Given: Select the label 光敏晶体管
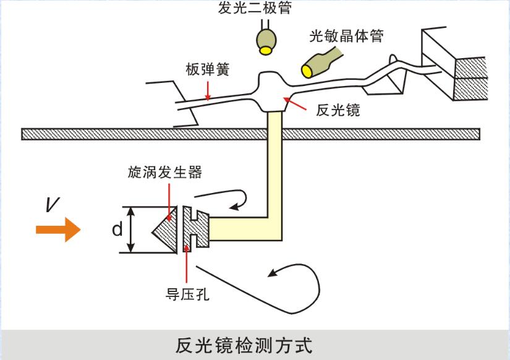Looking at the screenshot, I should pos(347,36).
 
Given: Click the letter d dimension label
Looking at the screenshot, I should pos(116,230).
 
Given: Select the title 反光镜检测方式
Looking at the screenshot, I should pos(245,344).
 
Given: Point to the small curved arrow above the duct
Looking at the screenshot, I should pos(229,198).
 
